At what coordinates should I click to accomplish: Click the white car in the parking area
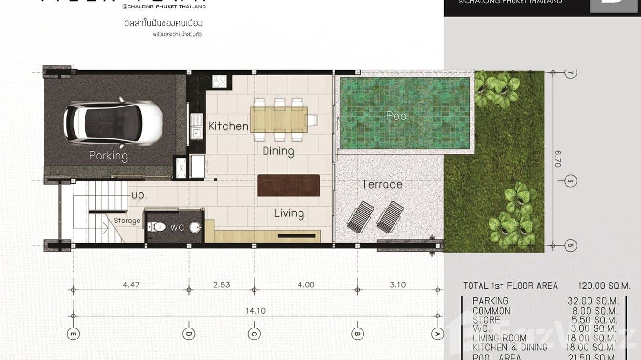pos(113,122)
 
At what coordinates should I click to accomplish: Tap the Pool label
pos(398,116)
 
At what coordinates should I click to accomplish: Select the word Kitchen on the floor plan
pos(228,126)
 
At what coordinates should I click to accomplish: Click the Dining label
pos(278,151)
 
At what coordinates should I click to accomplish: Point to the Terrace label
pos(382,184)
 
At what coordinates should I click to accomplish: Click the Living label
pos(288,213)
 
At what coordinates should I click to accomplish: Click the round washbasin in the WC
pos(195,228)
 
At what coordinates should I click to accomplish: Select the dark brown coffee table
pos(288,185)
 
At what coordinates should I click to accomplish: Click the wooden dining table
pos(279,119)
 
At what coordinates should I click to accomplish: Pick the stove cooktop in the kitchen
pos(219,81)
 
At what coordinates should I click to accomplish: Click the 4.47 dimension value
pos(131,285)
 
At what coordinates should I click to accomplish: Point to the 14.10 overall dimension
pos(256,311)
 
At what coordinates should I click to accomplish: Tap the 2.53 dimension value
pos(221,285)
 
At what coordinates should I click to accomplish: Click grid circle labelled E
pos(73,333)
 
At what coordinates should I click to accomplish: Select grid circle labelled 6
pos(570,181)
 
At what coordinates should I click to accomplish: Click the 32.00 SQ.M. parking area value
pos(593,301)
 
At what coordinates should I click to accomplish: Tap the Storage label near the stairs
pos(127,221)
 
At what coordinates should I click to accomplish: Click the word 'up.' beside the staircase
pos(139,196)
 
